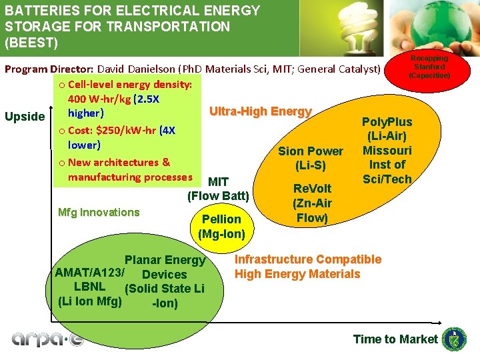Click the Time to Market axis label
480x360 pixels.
pyautogui.click(x=395, y=339)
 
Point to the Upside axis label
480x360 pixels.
pyautogui.click(x=25, y=117)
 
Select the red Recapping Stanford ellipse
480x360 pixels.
pyautogui.click(x=430, y=67)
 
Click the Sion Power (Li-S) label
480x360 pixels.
pyautogui.click(x=311, y=158)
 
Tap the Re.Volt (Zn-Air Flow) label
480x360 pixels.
pyautogui.click(x=312, y=203)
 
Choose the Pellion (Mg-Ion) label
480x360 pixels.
pyautogui.click(x=221, y=227)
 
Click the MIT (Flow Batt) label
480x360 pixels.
pyautogui.click(x=219, y=189)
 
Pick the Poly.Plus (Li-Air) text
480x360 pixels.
pyautogui.click(x=387, y=129)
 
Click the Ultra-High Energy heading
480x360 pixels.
pyautogui.click(x=261, y=111)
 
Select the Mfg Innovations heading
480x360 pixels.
pyautogui.click(x=99, y=213)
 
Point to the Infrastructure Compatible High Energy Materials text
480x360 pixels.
pyautogui.click(x=307, y=267)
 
